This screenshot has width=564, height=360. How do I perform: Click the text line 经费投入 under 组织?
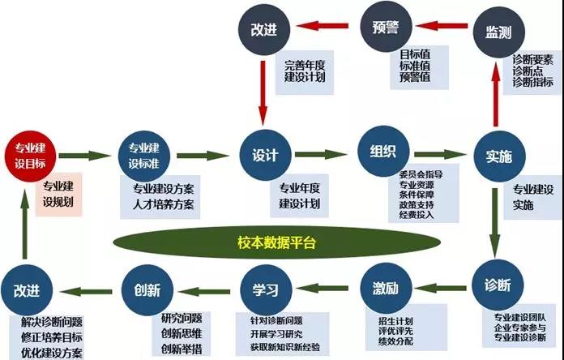coord(417,215)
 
